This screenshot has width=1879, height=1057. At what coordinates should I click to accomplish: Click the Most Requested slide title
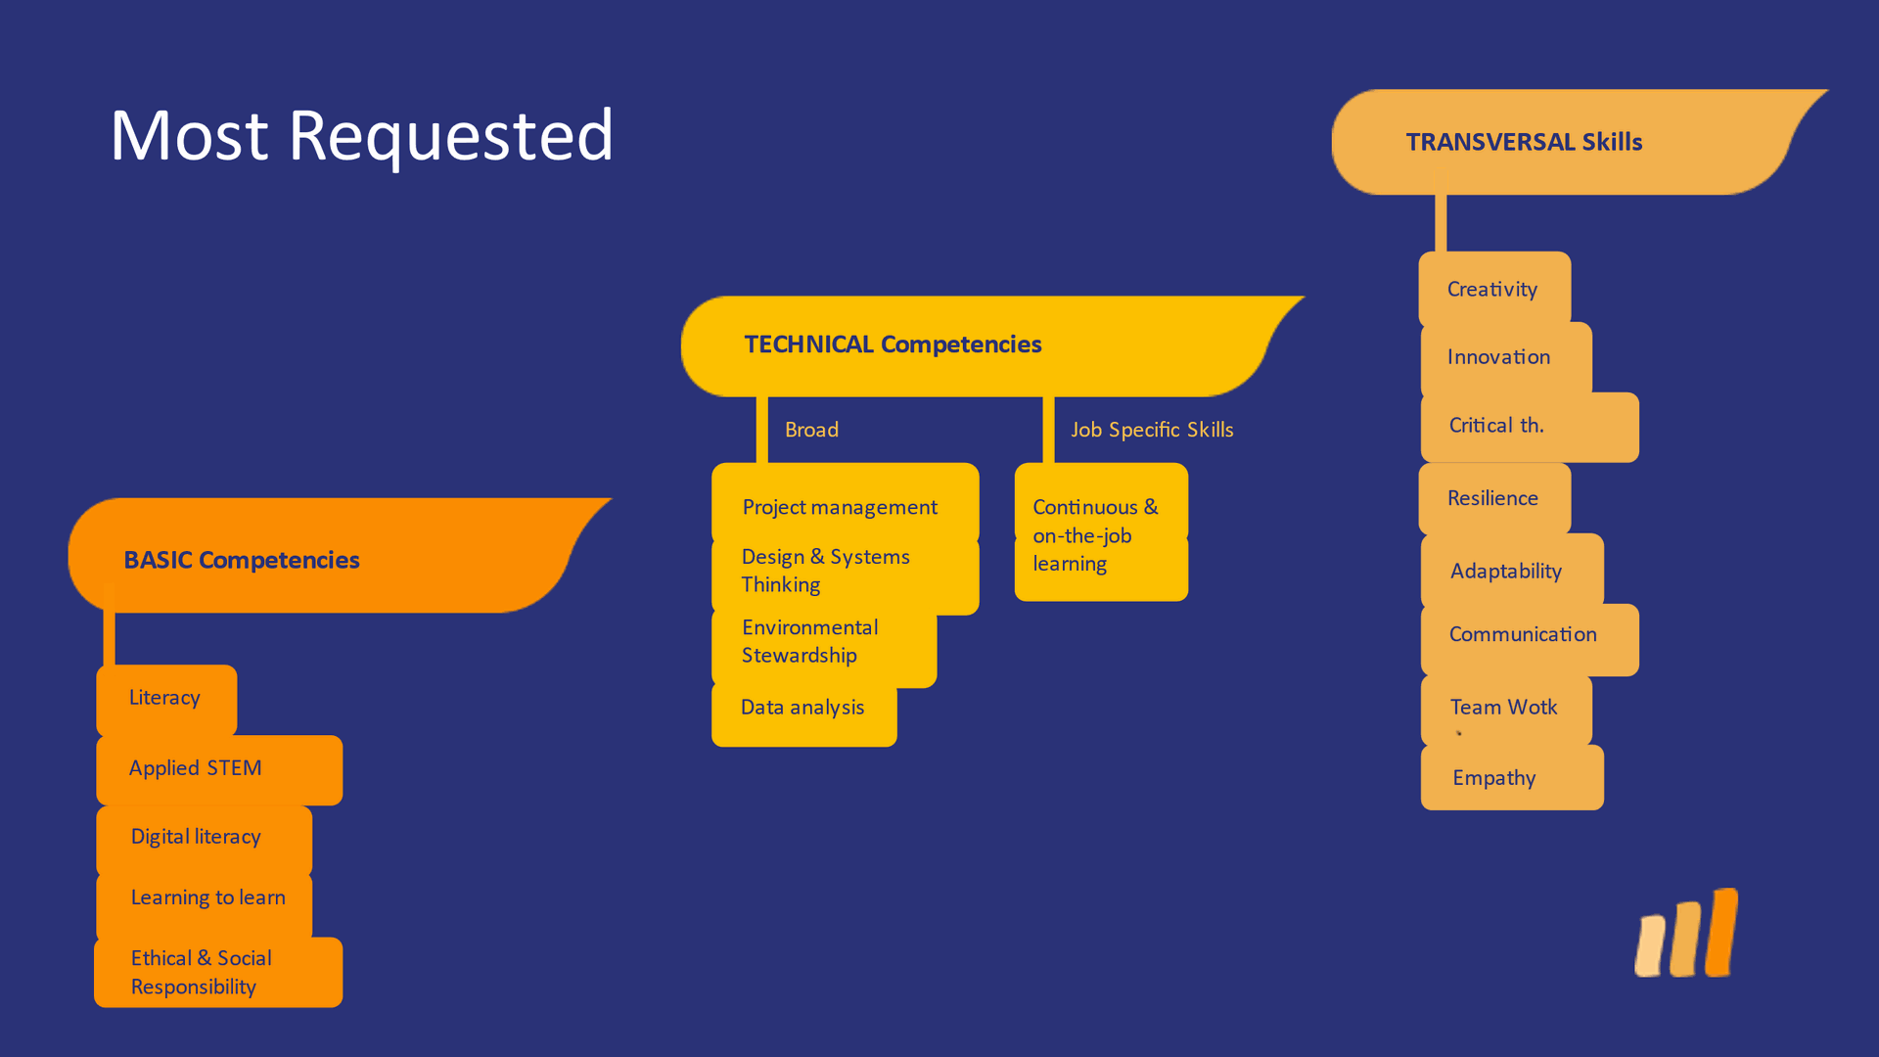[362, 137]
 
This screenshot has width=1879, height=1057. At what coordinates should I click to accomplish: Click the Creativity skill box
[1494, 289]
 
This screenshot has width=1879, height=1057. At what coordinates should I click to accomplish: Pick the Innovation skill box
[1506, 358]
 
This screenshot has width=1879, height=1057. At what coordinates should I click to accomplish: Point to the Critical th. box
[1530, 427]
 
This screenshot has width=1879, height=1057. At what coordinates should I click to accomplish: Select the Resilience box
[1494, 499]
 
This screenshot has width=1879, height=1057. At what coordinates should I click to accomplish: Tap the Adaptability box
[1512, 571]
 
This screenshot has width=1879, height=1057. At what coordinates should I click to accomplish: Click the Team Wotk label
[1503, 707]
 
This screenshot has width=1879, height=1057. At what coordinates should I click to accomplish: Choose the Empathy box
[1512, 778]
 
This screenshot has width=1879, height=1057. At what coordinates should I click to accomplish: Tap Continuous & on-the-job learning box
[1101, 532]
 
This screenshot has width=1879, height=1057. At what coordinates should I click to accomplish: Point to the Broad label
[811, 430]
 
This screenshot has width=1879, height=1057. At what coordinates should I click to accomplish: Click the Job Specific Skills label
[1152, 430]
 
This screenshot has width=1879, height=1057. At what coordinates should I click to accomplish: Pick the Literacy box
[166, 700]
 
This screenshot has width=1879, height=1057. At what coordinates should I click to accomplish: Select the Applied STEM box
[219, 770]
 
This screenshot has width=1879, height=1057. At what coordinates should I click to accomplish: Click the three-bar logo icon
[1686, 933]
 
